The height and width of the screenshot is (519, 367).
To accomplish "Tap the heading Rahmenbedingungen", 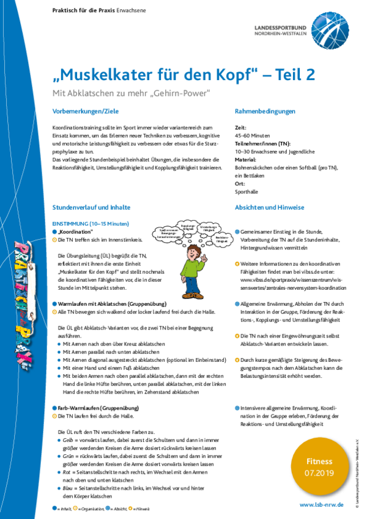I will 265,111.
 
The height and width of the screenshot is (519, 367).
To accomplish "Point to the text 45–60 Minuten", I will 252,136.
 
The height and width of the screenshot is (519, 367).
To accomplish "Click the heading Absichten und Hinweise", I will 269,208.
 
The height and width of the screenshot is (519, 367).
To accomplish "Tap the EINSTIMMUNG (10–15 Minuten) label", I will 91,224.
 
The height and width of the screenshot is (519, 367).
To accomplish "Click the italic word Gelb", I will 69,440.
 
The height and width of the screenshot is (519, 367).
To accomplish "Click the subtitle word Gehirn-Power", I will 187,93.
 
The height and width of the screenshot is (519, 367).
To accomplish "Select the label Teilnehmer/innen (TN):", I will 262,144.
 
